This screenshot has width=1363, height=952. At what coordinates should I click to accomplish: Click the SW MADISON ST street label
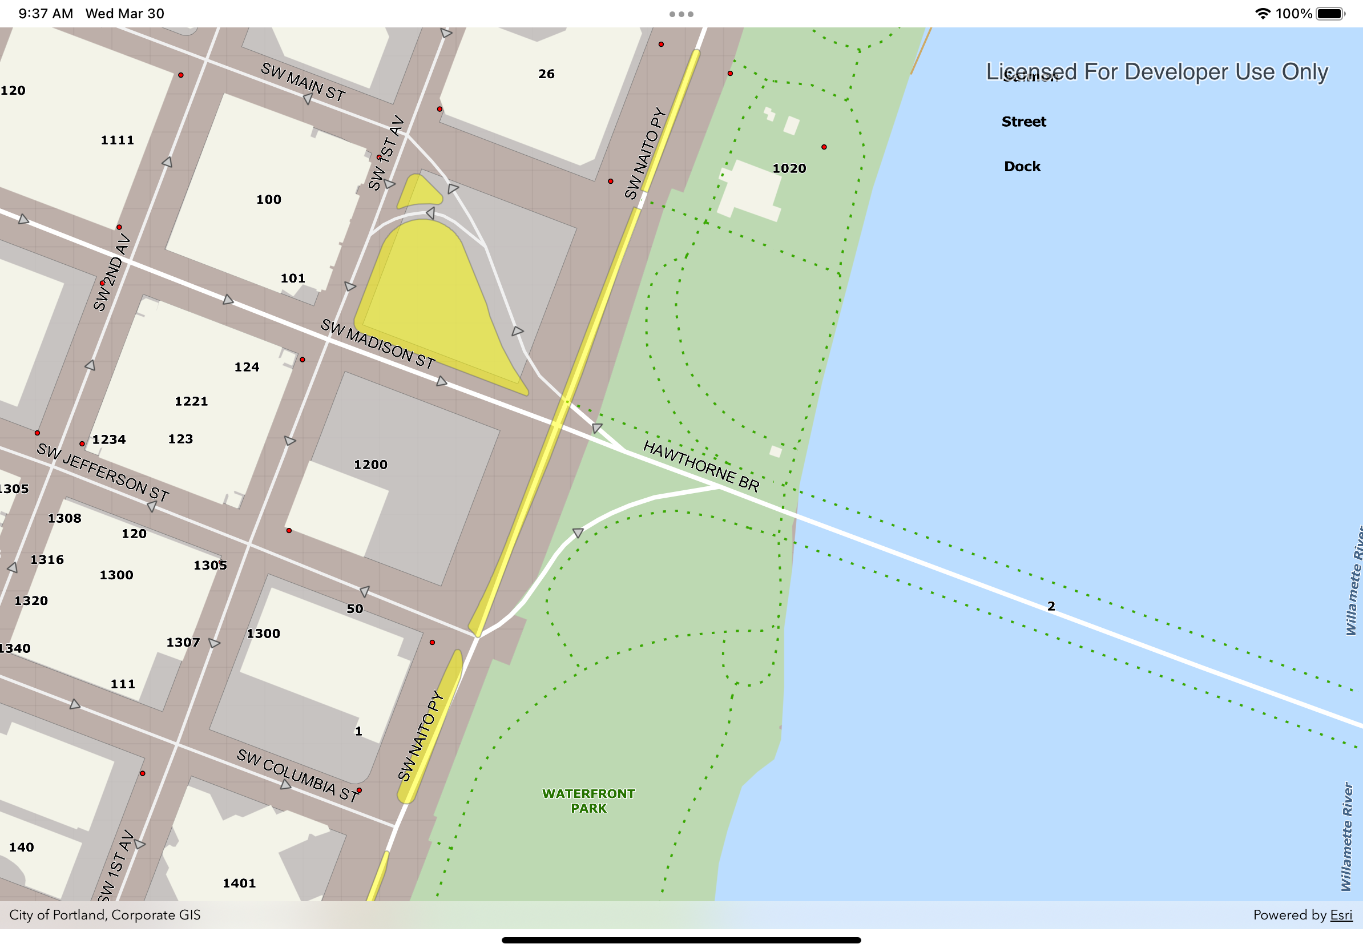(x=377, y=344)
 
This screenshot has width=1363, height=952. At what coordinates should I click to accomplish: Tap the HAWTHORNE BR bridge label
(x=701, y=466)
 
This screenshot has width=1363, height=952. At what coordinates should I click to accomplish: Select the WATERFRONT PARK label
(x=588, y=801)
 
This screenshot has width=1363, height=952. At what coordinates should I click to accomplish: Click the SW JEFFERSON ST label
(x=103, y=472)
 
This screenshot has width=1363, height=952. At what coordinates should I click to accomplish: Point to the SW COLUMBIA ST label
(x=297, y=775)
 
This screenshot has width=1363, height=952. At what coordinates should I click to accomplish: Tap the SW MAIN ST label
(x=303, y=82)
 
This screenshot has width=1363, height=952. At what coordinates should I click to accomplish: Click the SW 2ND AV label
(x=112, y=272)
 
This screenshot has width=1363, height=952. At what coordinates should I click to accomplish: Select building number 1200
(x=370, y=465)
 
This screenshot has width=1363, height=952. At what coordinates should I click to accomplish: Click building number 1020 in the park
(x=789, y=168)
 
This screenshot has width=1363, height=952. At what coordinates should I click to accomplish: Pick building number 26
(x=546, y=74)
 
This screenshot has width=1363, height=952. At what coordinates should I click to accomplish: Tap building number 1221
(x=191, y=401)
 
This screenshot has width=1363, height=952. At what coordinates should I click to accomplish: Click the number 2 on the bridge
(x=1051, y=606)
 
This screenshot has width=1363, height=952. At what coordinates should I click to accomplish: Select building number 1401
(x=239, y=883)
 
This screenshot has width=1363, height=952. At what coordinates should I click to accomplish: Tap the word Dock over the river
(x=1022, y=166)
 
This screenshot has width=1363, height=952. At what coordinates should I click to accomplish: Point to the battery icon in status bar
(x=1330, y=14)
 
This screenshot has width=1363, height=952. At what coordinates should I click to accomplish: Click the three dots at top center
(x=681, y=14)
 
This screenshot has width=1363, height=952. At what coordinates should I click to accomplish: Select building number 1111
(x=118, y=140)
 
